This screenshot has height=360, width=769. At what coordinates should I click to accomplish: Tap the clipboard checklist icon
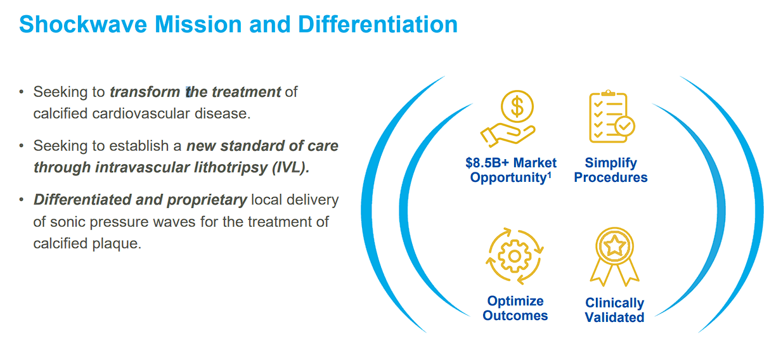point(610,117)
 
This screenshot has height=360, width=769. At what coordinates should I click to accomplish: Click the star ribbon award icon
point(614,256)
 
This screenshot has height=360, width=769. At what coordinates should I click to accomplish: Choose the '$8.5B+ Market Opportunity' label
point(510,170)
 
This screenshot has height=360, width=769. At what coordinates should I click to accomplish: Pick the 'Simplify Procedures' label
point(611,170)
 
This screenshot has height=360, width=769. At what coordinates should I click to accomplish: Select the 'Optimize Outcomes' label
point(515,308)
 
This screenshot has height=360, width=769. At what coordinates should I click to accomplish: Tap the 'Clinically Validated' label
point(614,310)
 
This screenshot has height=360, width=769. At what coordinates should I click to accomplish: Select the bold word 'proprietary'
point(207,200)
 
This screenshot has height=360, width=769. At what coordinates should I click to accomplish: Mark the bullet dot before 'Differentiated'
point(21,200)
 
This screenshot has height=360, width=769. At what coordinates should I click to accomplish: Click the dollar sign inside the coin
point(517,106)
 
